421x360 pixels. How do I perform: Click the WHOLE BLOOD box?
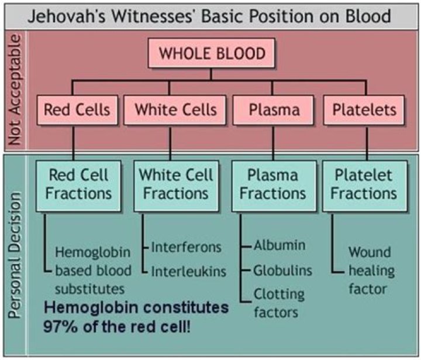212,54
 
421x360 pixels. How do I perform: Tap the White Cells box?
175,109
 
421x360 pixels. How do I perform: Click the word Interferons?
186,247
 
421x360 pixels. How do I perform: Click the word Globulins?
282,270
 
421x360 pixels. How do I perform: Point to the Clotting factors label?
279,303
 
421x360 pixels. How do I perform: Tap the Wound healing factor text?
372,271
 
